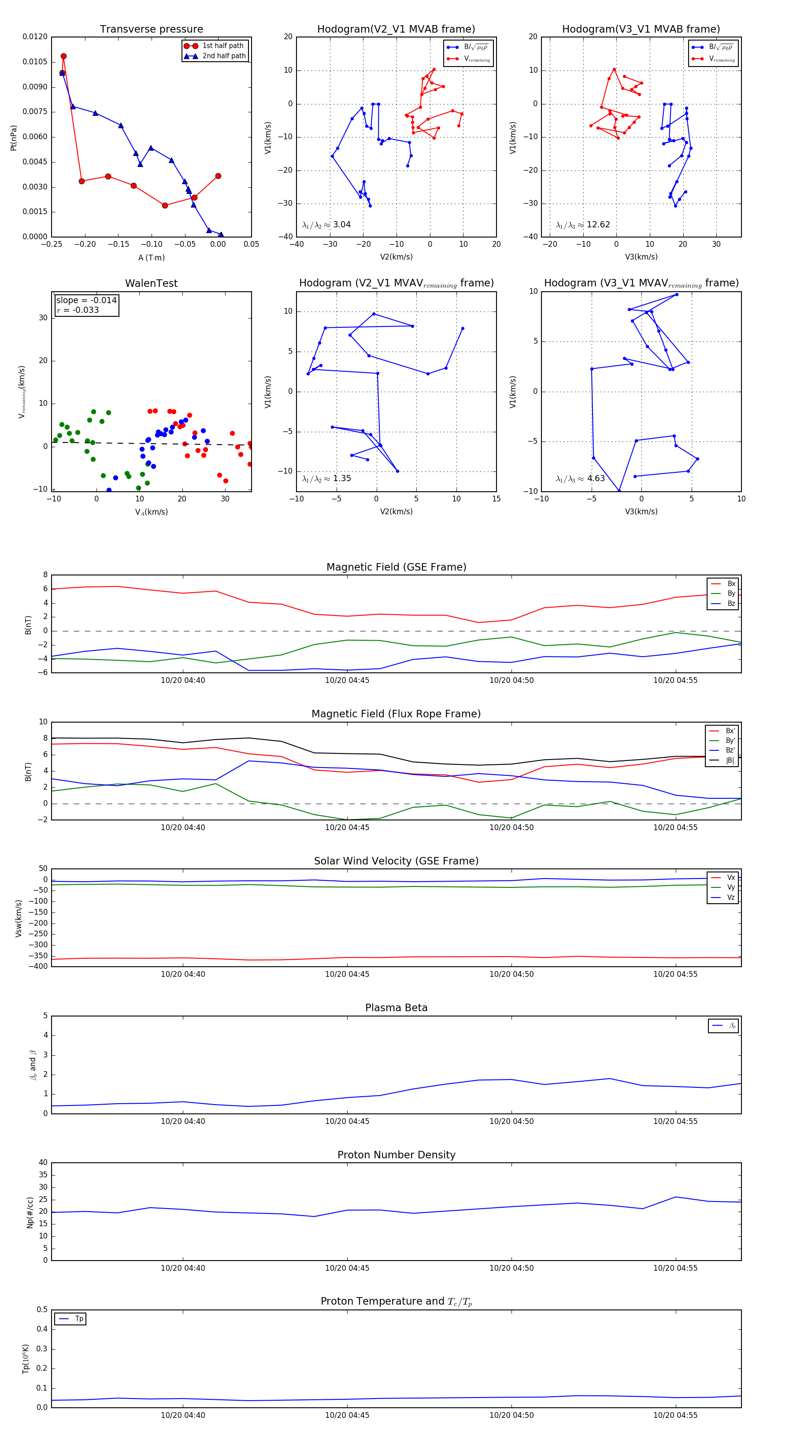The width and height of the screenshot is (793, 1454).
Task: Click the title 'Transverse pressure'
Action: [151, 30]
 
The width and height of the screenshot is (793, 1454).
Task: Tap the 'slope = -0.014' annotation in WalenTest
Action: [86, 300]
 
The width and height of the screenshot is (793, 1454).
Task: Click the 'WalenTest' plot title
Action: [151, 283]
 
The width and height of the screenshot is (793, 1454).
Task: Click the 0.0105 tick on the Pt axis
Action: [35, 62]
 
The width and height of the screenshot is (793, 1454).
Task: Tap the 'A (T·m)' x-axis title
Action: [151, 257]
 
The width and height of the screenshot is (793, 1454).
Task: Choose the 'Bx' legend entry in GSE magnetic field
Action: [731, 584]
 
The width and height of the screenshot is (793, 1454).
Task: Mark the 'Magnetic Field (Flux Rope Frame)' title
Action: [396, 714]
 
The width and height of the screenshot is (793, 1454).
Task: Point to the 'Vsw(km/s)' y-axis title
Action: [19, 918]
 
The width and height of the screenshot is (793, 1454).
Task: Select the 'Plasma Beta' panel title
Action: [396, 1008]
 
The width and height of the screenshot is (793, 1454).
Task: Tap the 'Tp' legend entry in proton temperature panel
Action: [78, 1319]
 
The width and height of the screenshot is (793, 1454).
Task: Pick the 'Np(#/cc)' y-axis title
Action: [30, 1213]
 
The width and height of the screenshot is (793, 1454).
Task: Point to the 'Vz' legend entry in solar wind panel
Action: [730, 898]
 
